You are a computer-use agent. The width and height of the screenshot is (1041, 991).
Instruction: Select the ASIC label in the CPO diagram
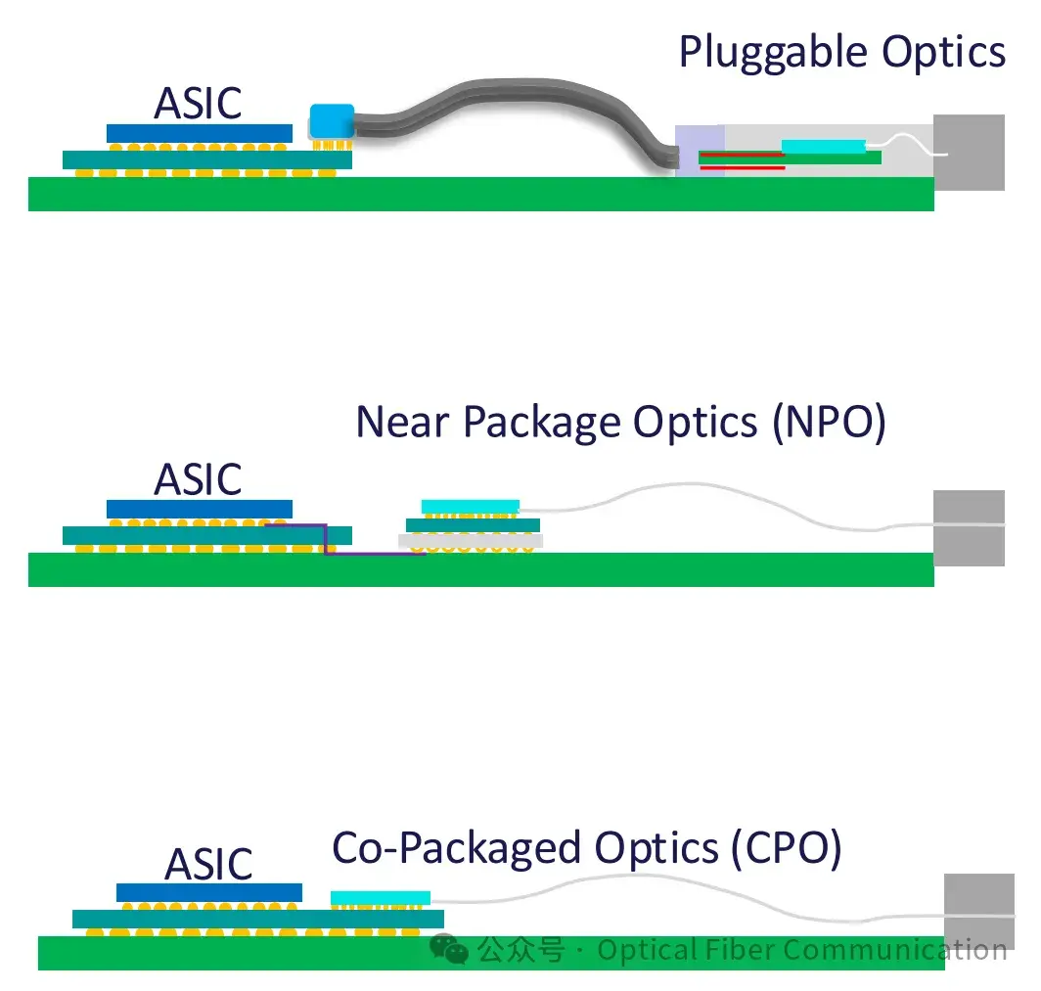click(x=208, y=864)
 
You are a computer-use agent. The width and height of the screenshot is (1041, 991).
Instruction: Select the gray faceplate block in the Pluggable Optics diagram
click(x=968, y=152)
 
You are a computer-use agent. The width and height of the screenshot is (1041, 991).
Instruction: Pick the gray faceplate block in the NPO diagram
click(x=968, y=527)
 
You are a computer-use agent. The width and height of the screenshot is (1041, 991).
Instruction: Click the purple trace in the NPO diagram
click(x=372, y=554)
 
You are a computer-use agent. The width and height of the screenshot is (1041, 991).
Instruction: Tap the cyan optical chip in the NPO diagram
click(x=470, y=506)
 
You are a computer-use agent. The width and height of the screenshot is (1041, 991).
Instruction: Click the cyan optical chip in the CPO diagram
click(x=380, y=897)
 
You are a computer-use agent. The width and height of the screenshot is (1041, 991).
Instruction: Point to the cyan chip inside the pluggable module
click(x=823, y=147)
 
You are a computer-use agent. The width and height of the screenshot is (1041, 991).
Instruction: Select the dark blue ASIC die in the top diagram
click(x=199, y=133)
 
